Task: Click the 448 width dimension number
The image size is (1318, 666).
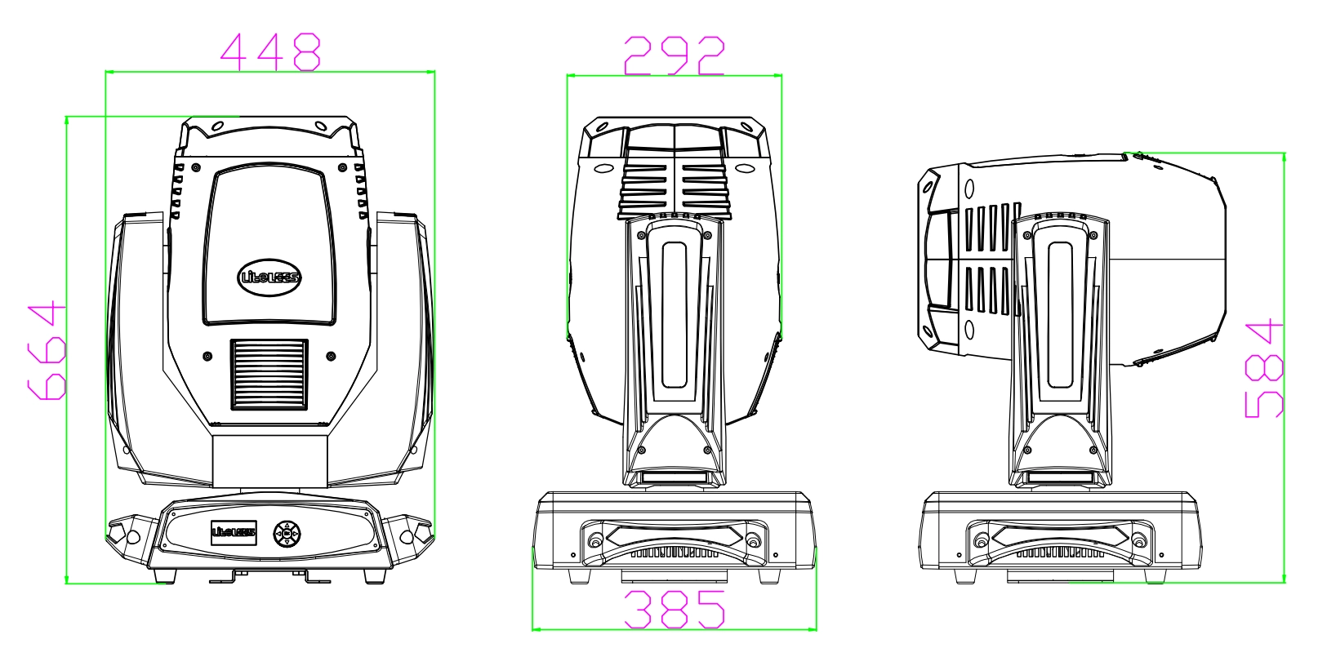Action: pyautogui.click(x=271, y=51)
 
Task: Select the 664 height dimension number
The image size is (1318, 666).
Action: pyautogui.click(x=47, y=351)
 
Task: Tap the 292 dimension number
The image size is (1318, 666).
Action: pyautogui.click(x=675, y=55)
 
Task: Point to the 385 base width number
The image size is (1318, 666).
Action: pyautogui.click(x=675, y=609)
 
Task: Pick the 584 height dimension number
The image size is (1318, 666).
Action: pyautogui.click(x=1264, y=369)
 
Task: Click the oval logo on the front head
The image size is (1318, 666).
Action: pyautogui.click(x=269, y=277)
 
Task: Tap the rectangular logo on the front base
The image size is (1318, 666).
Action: pyautogui.click(x=234, y=533)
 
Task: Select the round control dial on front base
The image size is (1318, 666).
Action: pyautogui.click(x=287, y=534)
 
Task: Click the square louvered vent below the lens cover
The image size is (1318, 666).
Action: pyautogui.click(x=269, y=375)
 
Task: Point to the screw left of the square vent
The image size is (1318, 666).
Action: pyautogui.click(x=207, y=357)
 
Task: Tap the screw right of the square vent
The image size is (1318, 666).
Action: pyautogui.click(x=332, y=357)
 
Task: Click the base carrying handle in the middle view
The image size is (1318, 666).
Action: pyautogui.click(x=675, y=540)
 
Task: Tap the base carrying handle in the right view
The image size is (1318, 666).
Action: pyautogui.click(x=1060, y=540)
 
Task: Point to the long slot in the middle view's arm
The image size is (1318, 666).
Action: pyautogui.click(x=675, y=315)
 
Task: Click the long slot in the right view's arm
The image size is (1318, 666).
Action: pyautogui.click(x=1060, y=315)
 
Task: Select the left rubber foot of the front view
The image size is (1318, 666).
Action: pyautogui.click(x=165, y=576)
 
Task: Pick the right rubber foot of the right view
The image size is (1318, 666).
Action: pyautogui.click(x=1155, y=576)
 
